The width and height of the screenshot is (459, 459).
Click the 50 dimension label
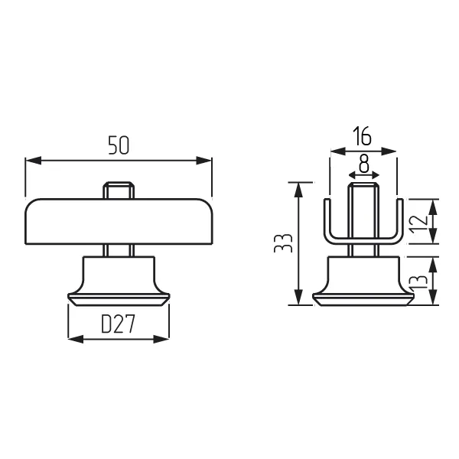click(119, 145)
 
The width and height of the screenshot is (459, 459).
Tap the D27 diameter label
click(118, 324)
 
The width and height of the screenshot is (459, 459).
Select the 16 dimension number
click(362, 136)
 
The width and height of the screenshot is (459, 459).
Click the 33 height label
click(283, 243)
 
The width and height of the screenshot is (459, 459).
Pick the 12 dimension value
click(418, 224)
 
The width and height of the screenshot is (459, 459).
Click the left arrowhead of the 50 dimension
click(34, 161)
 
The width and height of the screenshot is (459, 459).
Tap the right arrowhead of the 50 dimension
click(203, 161)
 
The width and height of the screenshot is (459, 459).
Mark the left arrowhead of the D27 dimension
click(76, 339)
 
